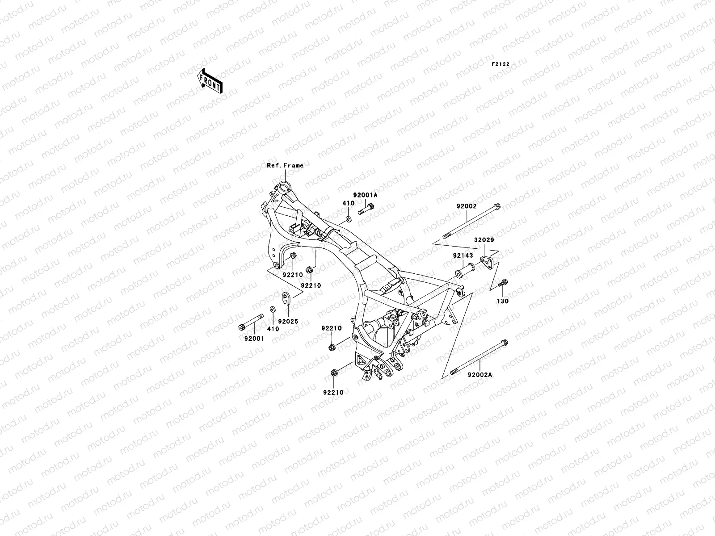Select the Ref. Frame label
pos(285,165)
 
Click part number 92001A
pos(365,195)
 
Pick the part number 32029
pos(484,240)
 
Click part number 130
pos(503,301)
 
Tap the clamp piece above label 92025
pos(286,297)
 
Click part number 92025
pos(288,321)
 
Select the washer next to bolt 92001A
pos(348,220)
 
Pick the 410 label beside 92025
pos(273,329)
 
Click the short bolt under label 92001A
pos(366,209)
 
